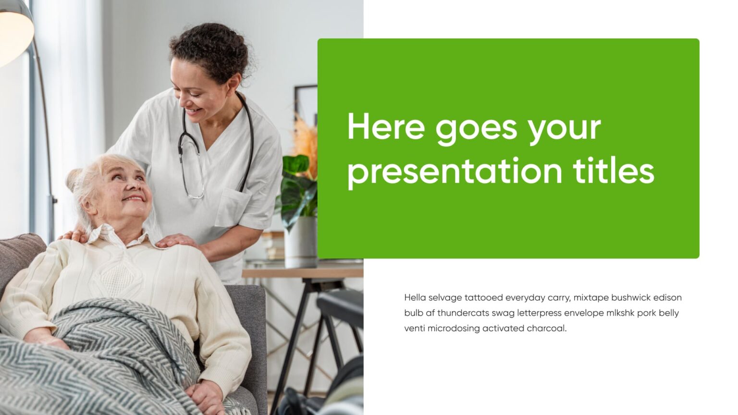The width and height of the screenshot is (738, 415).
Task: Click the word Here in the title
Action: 386,127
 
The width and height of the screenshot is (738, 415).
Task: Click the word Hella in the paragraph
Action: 415,297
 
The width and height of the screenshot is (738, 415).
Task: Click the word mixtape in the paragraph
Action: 590,298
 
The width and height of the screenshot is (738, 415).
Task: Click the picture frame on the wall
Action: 306,103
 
